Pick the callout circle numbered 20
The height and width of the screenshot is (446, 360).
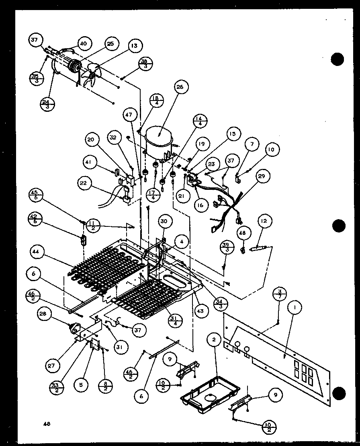tap(91, 140)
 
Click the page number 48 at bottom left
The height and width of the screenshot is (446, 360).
tap(47, 423)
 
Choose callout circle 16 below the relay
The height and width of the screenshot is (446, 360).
tap(200, 205)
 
